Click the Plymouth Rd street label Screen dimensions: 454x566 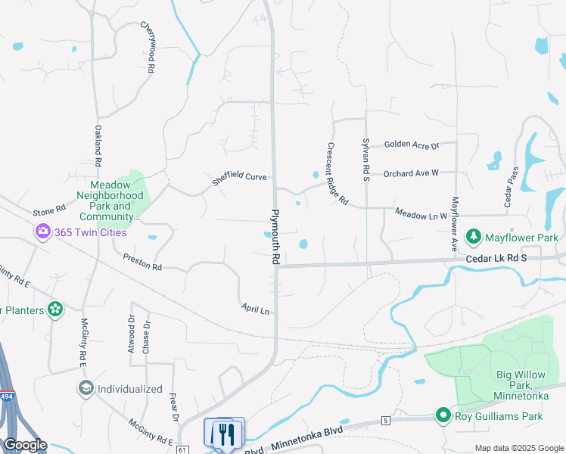click(276, 237)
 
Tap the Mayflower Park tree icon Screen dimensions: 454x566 click(474, 237)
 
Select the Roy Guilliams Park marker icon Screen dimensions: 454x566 click(443, 415)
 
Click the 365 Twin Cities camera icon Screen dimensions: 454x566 click(43, 232)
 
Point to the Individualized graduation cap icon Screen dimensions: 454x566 click(86, 389)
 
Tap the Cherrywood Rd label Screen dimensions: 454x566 click(148, 47)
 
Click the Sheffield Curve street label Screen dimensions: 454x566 click(239, 178)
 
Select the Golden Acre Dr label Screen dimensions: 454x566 click(411, 145)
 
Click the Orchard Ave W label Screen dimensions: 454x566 click(411, 173)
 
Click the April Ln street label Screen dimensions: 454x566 click(255, 309)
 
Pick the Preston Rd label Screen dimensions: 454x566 click(142, 263)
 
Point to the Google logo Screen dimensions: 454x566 click(26, 445)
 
